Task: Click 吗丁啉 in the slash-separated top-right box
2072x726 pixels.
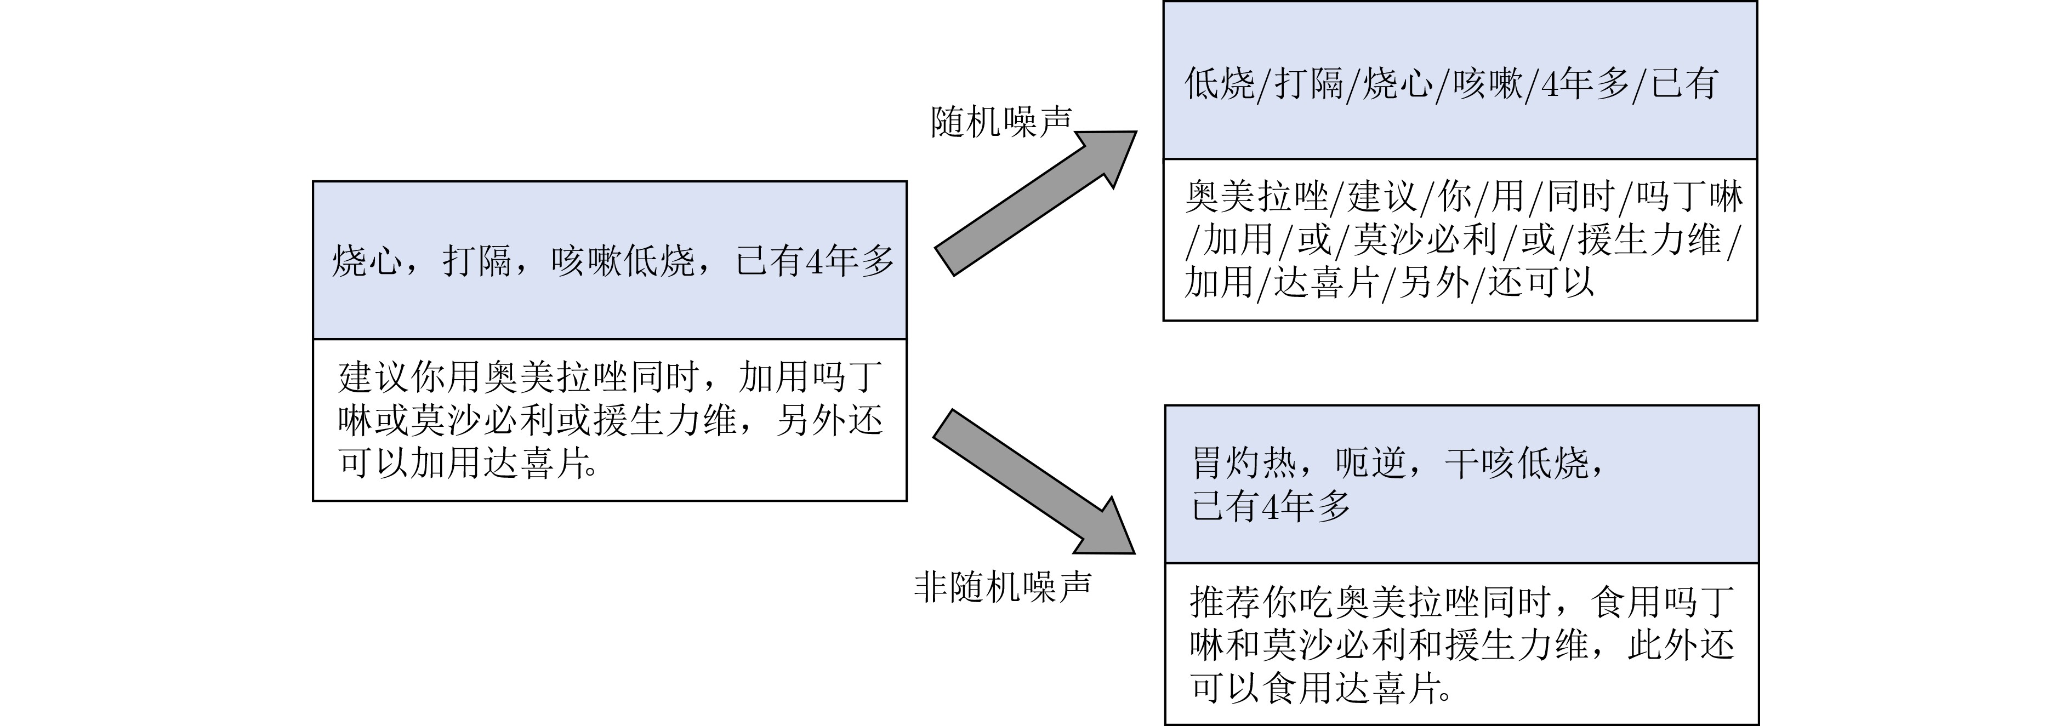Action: [1689, 196]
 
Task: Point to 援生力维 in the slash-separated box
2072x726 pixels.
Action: [1649, 239]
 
